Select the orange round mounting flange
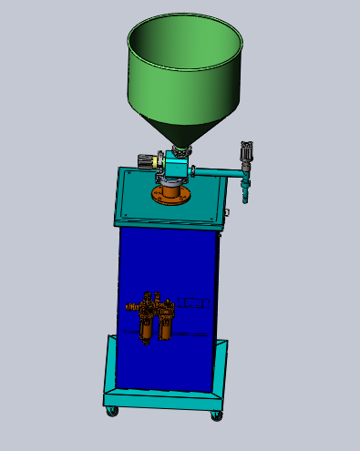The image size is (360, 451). (170, 194)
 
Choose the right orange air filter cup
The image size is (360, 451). (165, 329)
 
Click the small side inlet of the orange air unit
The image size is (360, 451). (130, 307)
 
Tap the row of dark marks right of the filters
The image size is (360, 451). (194, 302)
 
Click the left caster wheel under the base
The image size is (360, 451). (113, 413)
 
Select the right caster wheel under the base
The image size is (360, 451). (217, 415)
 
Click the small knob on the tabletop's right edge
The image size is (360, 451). (225, 215)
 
